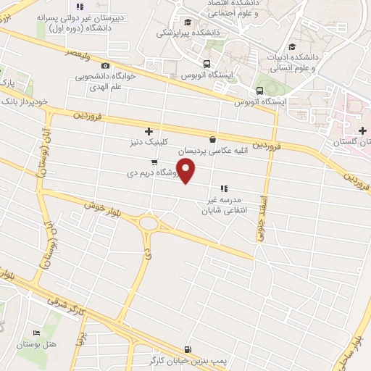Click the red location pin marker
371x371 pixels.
click(187, 171)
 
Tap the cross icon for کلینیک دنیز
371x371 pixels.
click(149, 132)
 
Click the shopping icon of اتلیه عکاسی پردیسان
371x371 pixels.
click(212, 140)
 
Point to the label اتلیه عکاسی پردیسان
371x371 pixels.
click(232, 151)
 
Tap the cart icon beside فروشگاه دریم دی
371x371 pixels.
click(154, 162)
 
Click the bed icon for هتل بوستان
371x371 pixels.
click(36, 333)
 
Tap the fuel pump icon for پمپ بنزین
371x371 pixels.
click(188, 349)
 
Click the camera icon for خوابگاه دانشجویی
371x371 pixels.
click(106, 65)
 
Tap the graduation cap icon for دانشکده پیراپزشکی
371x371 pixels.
click(188, 22)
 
